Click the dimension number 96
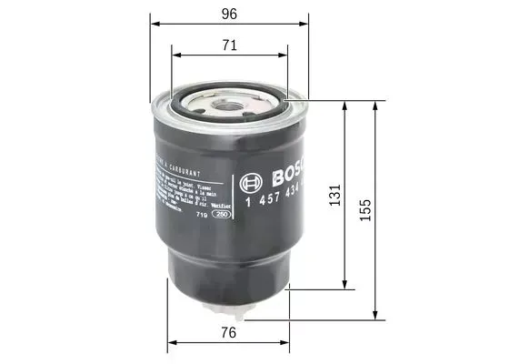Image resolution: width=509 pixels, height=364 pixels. pyautogui.click(x=230, y=15)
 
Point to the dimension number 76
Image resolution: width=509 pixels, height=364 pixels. pyautogui.click(x=229, y=333)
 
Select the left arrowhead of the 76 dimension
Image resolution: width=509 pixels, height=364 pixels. pyautogui.click(x=170, y=345)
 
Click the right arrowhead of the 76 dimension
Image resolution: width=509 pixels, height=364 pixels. pyautogui.click(x=290, y=345)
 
